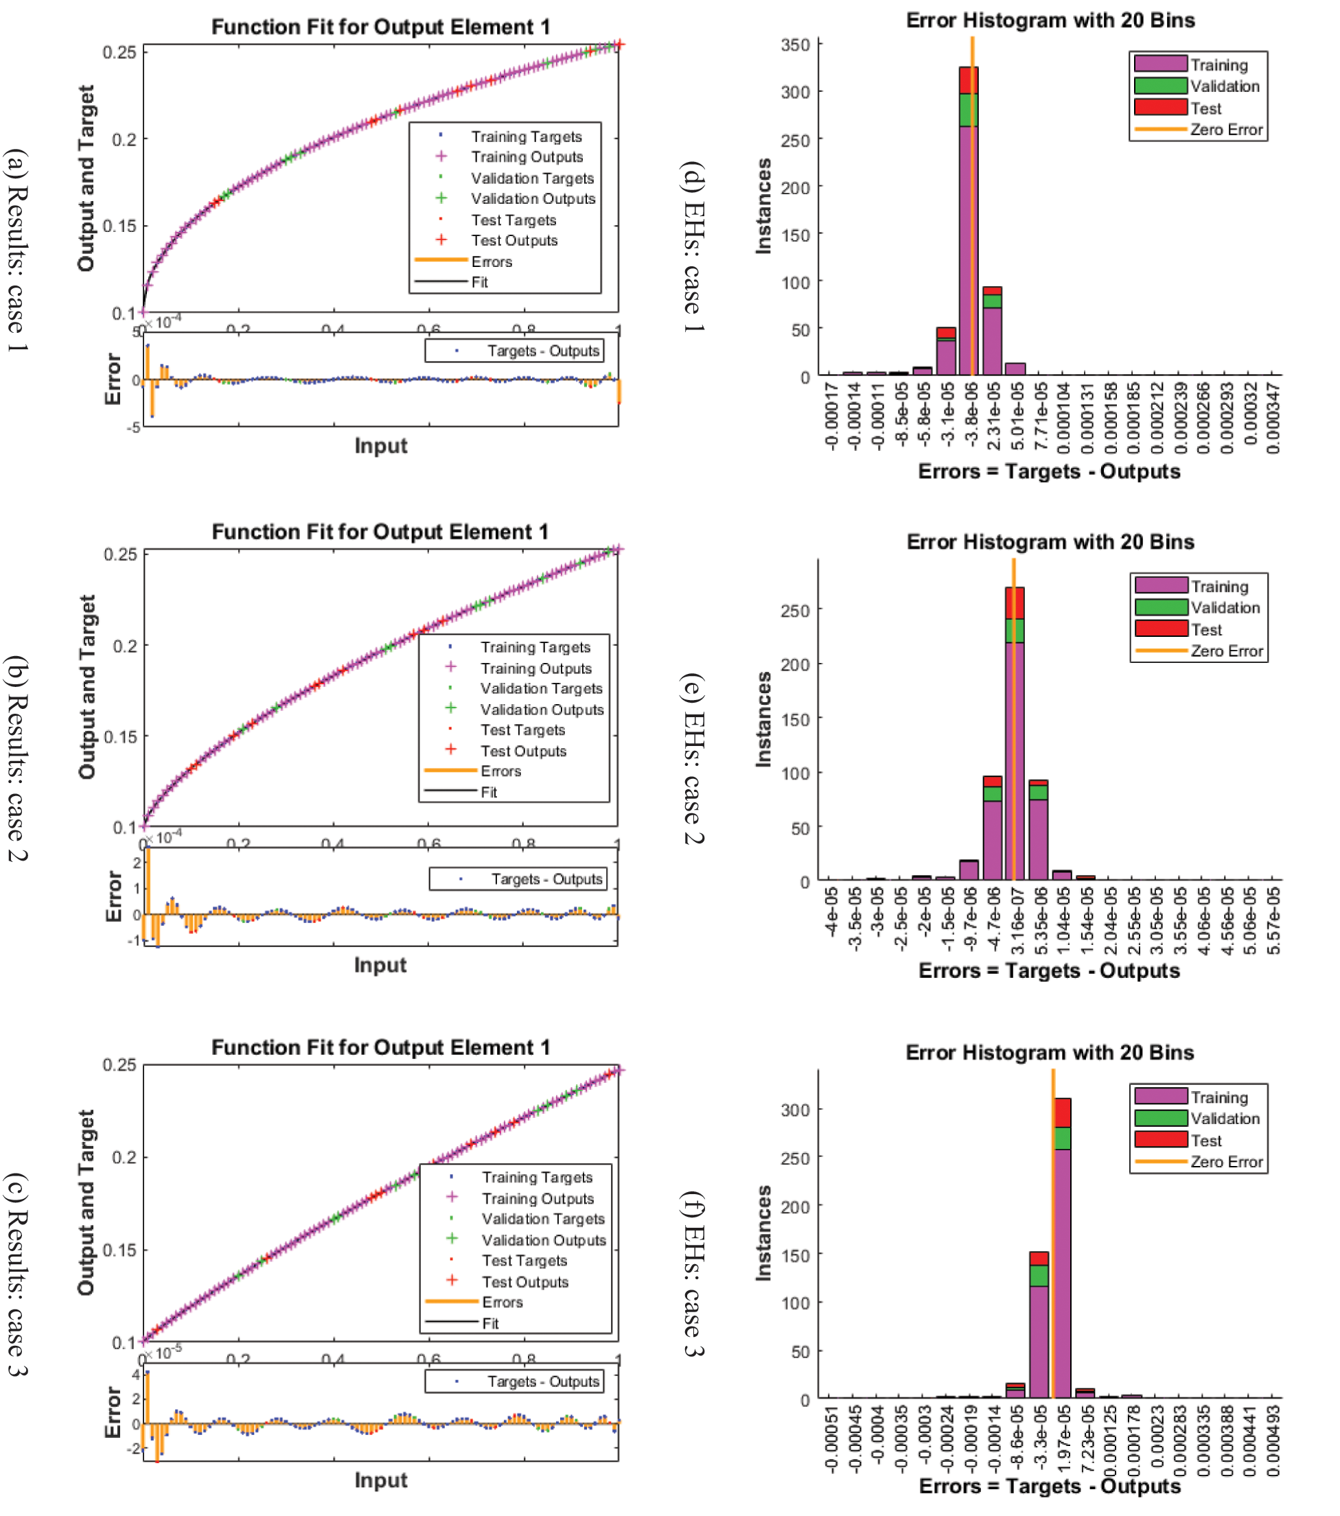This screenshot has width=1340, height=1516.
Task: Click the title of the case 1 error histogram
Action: pyautogui.click(x=1050, y=20)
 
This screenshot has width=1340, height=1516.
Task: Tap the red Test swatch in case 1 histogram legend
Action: pyautogui.click(x=1160, y=108)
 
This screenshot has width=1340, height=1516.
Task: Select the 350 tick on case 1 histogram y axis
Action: pyautogui.click(x=796, y=45)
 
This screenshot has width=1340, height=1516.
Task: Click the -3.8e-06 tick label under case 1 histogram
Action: pyautogui.click(x=971, y=414)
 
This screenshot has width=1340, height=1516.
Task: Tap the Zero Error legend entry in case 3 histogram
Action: pyautogui.click(x=1226, y=1162)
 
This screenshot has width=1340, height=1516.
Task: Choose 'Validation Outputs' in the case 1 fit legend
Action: pyautogui.click(x=533, y=199)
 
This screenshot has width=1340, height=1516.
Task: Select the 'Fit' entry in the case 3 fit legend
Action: pyautogui.click(x=490, y=1323)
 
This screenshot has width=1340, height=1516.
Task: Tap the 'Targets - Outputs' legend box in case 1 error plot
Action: pyautogui.click(x=514, y=351)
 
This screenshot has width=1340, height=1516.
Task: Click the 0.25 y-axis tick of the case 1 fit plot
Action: pyautogui.click(x=119, y=52)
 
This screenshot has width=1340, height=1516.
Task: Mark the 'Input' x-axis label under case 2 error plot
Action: pyautogui.click(x=380, y=965)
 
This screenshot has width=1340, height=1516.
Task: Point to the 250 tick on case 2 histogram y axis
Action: pyautogui.click(x=796, y=610)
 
